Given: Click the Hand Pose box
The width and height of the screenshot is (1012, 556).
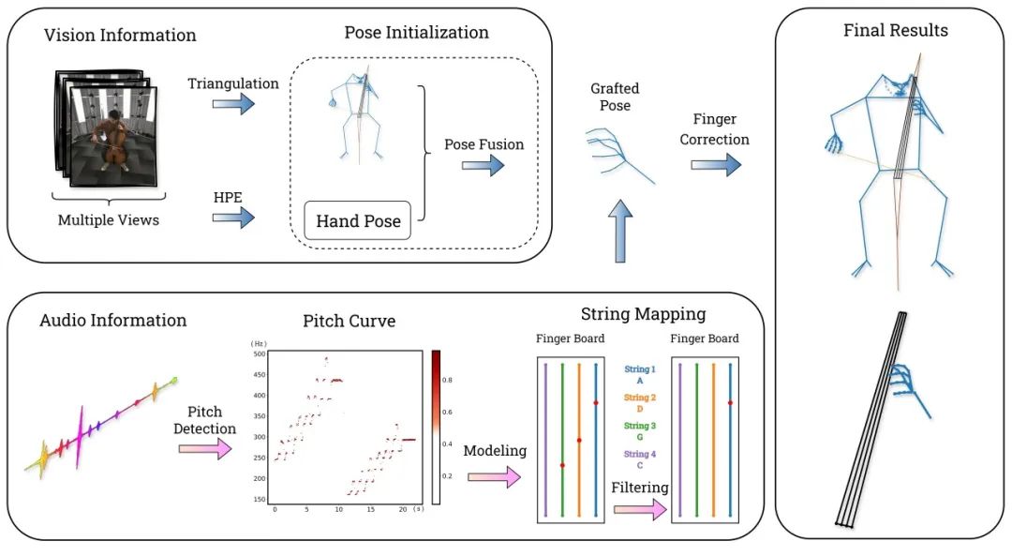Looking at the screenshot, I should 358,221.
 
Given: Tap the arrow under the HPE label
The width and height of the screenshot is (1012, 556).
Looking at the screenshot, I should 233,218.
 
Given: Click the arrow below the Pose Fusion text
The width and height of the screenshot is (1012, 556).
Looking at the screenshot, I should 483,166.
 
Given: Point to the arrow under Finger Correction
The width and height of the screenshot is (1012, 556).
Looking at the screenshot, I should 716,164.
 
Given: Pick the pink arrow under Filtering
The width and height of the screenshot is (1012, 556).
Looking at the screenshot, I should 639,510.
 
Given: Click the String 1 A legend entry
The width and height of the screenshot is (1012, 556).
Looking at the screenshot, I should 639,375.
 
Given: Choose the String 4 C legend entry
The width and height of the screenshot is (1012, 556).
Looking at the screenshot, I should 639,460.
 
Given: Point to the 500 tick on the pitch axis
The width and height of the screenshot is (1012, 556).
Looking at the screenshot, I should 260,354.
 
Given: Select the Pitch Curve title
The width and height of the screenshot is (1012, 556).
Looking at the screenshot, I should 349,322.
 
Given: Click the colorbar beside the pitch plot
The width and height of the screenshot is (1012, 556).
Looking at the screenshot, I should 436,427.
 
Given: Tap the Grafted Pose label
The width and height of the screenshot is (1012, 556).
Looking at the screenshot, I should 615,97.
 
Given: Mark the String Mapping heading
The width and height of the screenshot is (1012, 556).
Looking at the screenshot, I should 643,314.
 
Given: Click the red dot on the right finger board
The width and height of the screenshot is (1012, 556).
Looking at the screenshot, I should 730,403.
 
